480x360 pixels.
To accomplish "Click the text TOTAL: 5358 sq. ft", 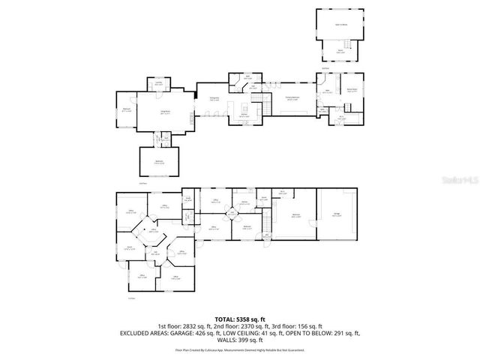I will pyautogui.click(x=240, y=319).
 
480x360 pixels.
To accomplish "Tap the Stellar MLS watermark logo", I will pyautogui.click(x=458, y=181).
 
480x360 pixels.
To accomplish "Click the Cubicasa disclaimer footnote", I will pyautogui.click(x=240, y=349).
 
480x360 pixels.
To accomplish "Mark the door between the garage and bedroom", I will pyautogui.click(x=316, y=217).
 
